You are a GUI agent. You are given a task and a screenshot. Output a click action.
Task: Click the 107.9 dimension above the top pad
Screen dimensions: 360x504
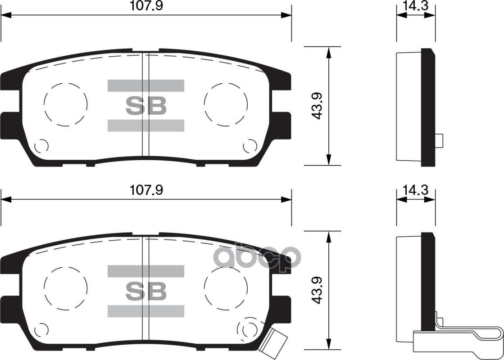[x=145, y=6]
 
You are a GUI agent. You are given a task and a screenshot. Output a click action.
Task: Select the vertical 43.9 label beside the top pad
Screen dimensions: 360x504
[x=317, y=106]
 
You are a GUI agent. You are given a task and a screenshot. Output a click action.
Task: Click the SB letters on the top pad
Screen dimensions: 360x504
[x=145, y=106]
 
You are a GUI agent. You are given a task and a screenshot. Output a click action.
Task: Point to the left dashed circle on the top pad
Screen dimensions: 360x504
[x=65, y=104]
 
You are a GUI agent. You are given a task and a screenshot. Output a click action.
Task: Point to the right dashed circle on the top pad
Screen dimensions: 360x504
[x=226, y=104]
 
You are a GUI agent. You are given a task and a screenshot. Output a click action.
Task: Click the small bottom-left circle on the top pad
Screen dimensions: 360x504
[x=41, y=146]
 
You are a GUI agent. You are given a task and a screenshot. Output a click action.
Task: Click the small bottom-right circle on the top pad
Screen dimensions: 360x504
[x=249, y=146]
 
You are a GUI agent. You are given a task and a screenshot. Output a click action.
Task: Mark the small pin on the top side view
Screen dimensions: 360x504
[x=440, y=140]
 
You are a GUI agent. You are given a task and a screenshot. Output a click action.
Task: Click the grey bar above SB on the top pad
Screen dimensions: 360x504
[x=145, y=85]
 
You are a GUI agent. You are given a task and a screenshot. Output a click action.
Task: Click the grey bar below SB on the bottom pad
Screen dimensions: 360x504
[x=145, y=310]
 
